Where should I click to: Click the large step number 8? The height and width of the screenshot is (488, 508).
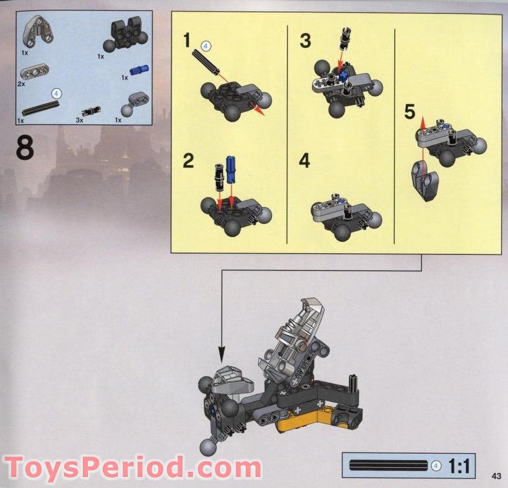click(x=25, y=147)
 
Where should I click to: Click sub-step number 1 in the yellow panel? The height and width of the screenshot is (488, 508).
click(x=186, y=41)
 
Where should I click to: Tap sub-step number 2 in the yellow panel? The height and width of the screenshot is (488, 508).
click(x=188, y=161)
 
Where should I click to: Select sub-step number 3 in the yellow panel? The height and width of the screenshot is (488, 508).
click(x=305, y=41)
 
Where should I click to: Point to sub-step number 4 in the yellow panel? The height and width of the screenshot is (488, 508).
click(x=304, y=161)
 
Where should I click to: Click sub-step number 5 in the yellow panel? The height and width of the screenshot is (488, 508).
click(x=410, y=112)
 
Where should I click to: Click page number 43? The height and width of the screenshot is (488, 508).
click(x=496, y=476)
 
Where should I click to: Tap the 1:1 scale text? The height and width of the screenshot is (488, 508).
click(x=459, y=467)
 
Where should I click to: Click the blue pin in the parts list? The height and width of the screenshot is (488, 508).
click(x=139, y=69)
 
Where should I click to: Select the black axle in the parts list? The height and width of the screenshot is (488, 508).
click(x=41, y=108)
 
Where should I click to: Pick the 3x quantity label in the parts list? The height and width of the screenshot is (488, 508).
click(x=80, y=120)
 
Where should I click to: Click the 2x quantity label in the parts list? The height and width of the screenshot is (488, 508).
click(x=21, y=84)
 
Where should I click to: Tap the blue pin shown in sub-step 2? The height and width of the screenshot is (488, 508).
click(x=230, y=169)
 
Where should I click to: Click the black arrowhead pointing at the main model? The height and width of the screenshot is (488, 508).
click(x=221, y=354)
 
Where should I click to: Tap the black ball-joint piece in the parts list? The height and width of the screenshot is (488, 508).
click(x=126, y=35)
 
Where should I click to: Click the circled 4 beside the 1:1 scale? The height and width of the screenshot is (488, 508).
click(x=436, y=466)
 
